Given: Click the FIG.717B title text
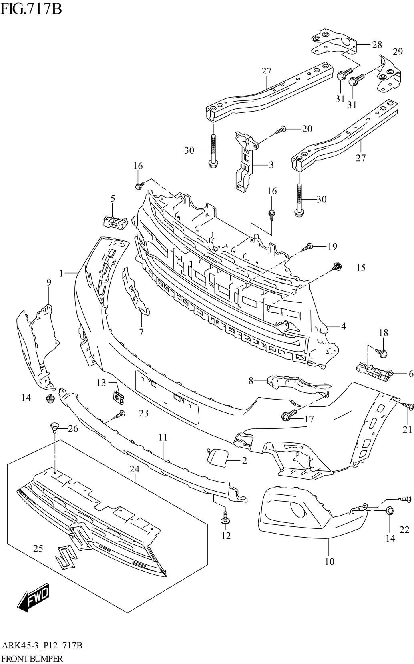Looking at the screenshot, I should pos(31,8).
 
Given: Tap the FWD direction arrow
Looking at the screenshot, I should pos(34,599).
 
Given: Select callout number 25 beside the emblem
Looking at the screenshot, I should pos(38,549).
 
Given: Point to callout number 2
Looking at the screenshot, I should pos(244,460).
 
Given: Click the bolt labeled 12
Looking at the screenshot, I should pos(225,517).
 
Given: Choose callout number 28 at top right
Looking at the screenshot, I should pos(377,44).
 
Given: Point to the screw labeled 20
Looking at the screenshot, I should pos(281,129).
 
